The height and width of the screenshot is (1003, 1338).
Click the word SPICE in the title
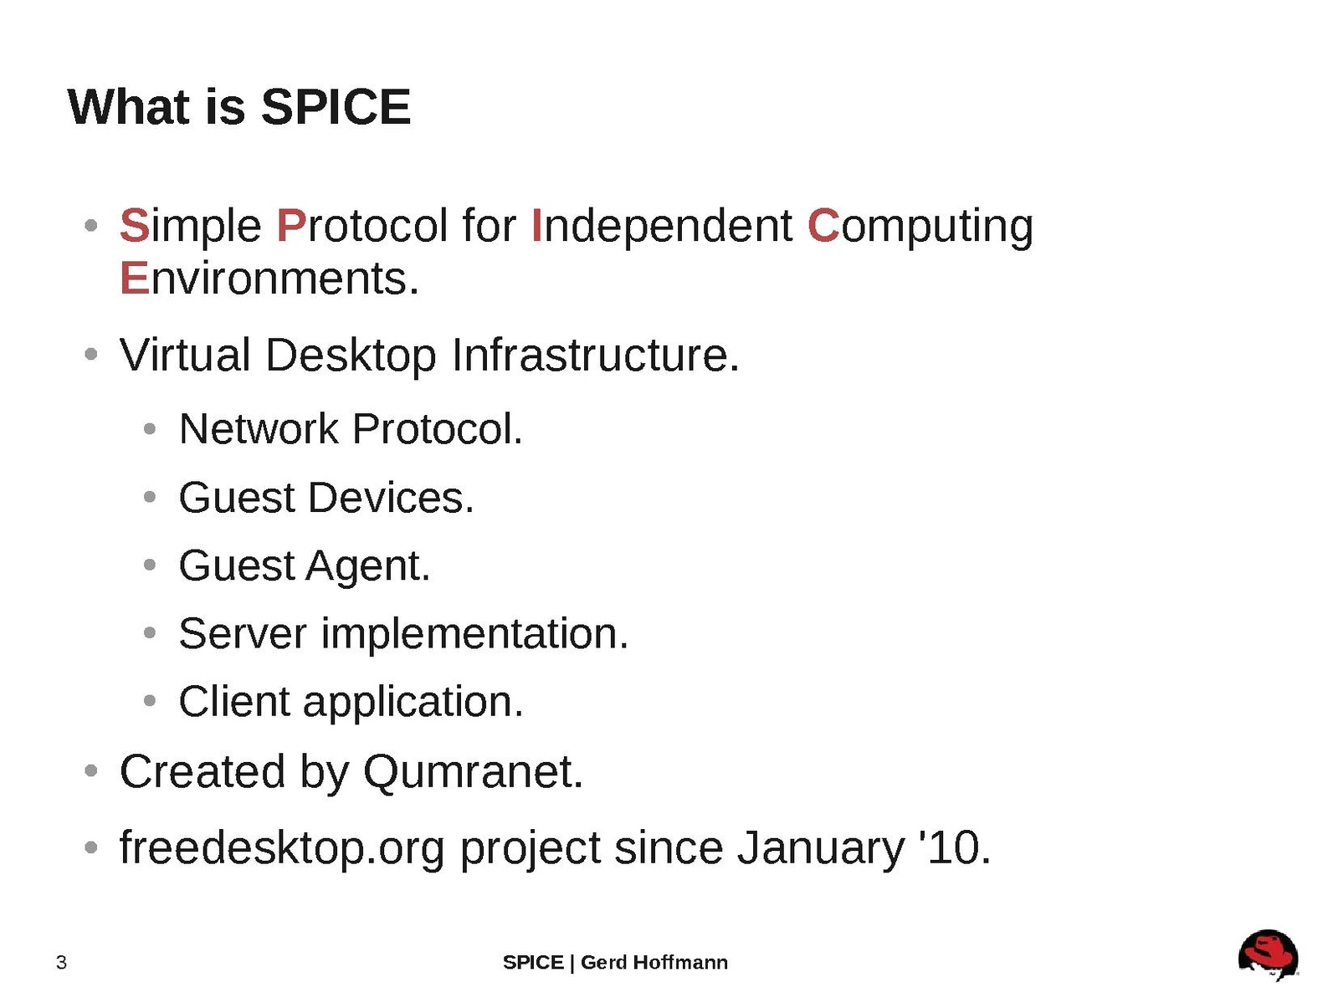click(336, 107)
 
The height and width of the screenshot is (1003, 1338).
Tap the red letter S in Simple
click(135, 226)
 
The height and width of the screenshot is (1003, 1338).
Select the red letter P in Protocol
click(290, 226)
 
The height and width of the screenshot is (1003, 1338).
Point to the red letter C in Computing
click(823, 226)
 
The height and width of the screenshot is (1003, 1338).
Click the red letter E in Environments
click(135, 278)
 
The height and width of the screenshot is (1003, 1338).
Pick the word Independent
click(663, 226)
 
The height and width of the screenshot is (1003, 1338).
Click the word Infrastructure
click(596, 355)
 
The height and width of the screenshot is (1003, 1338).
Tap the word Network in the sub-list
click(259, 429)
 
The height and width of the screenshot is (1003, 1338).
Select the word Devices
click(391, 497)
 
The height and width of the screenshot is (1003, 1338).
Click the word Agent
click(367, 566)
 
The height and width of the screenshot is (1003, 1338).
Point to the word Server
click(243, 634)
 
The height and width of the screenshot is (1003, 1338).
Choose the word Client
click(234, 701)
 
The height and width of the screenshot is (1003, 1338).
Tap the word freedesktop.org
click(282, 848)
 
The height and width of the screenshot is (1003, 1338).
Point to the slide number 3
click(61, 963)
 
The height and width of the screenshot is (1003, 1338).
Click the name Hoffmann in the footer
click(680, 963)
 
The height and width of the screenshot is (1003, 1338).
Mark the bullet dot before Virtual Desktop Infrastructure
click(91, 354)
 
